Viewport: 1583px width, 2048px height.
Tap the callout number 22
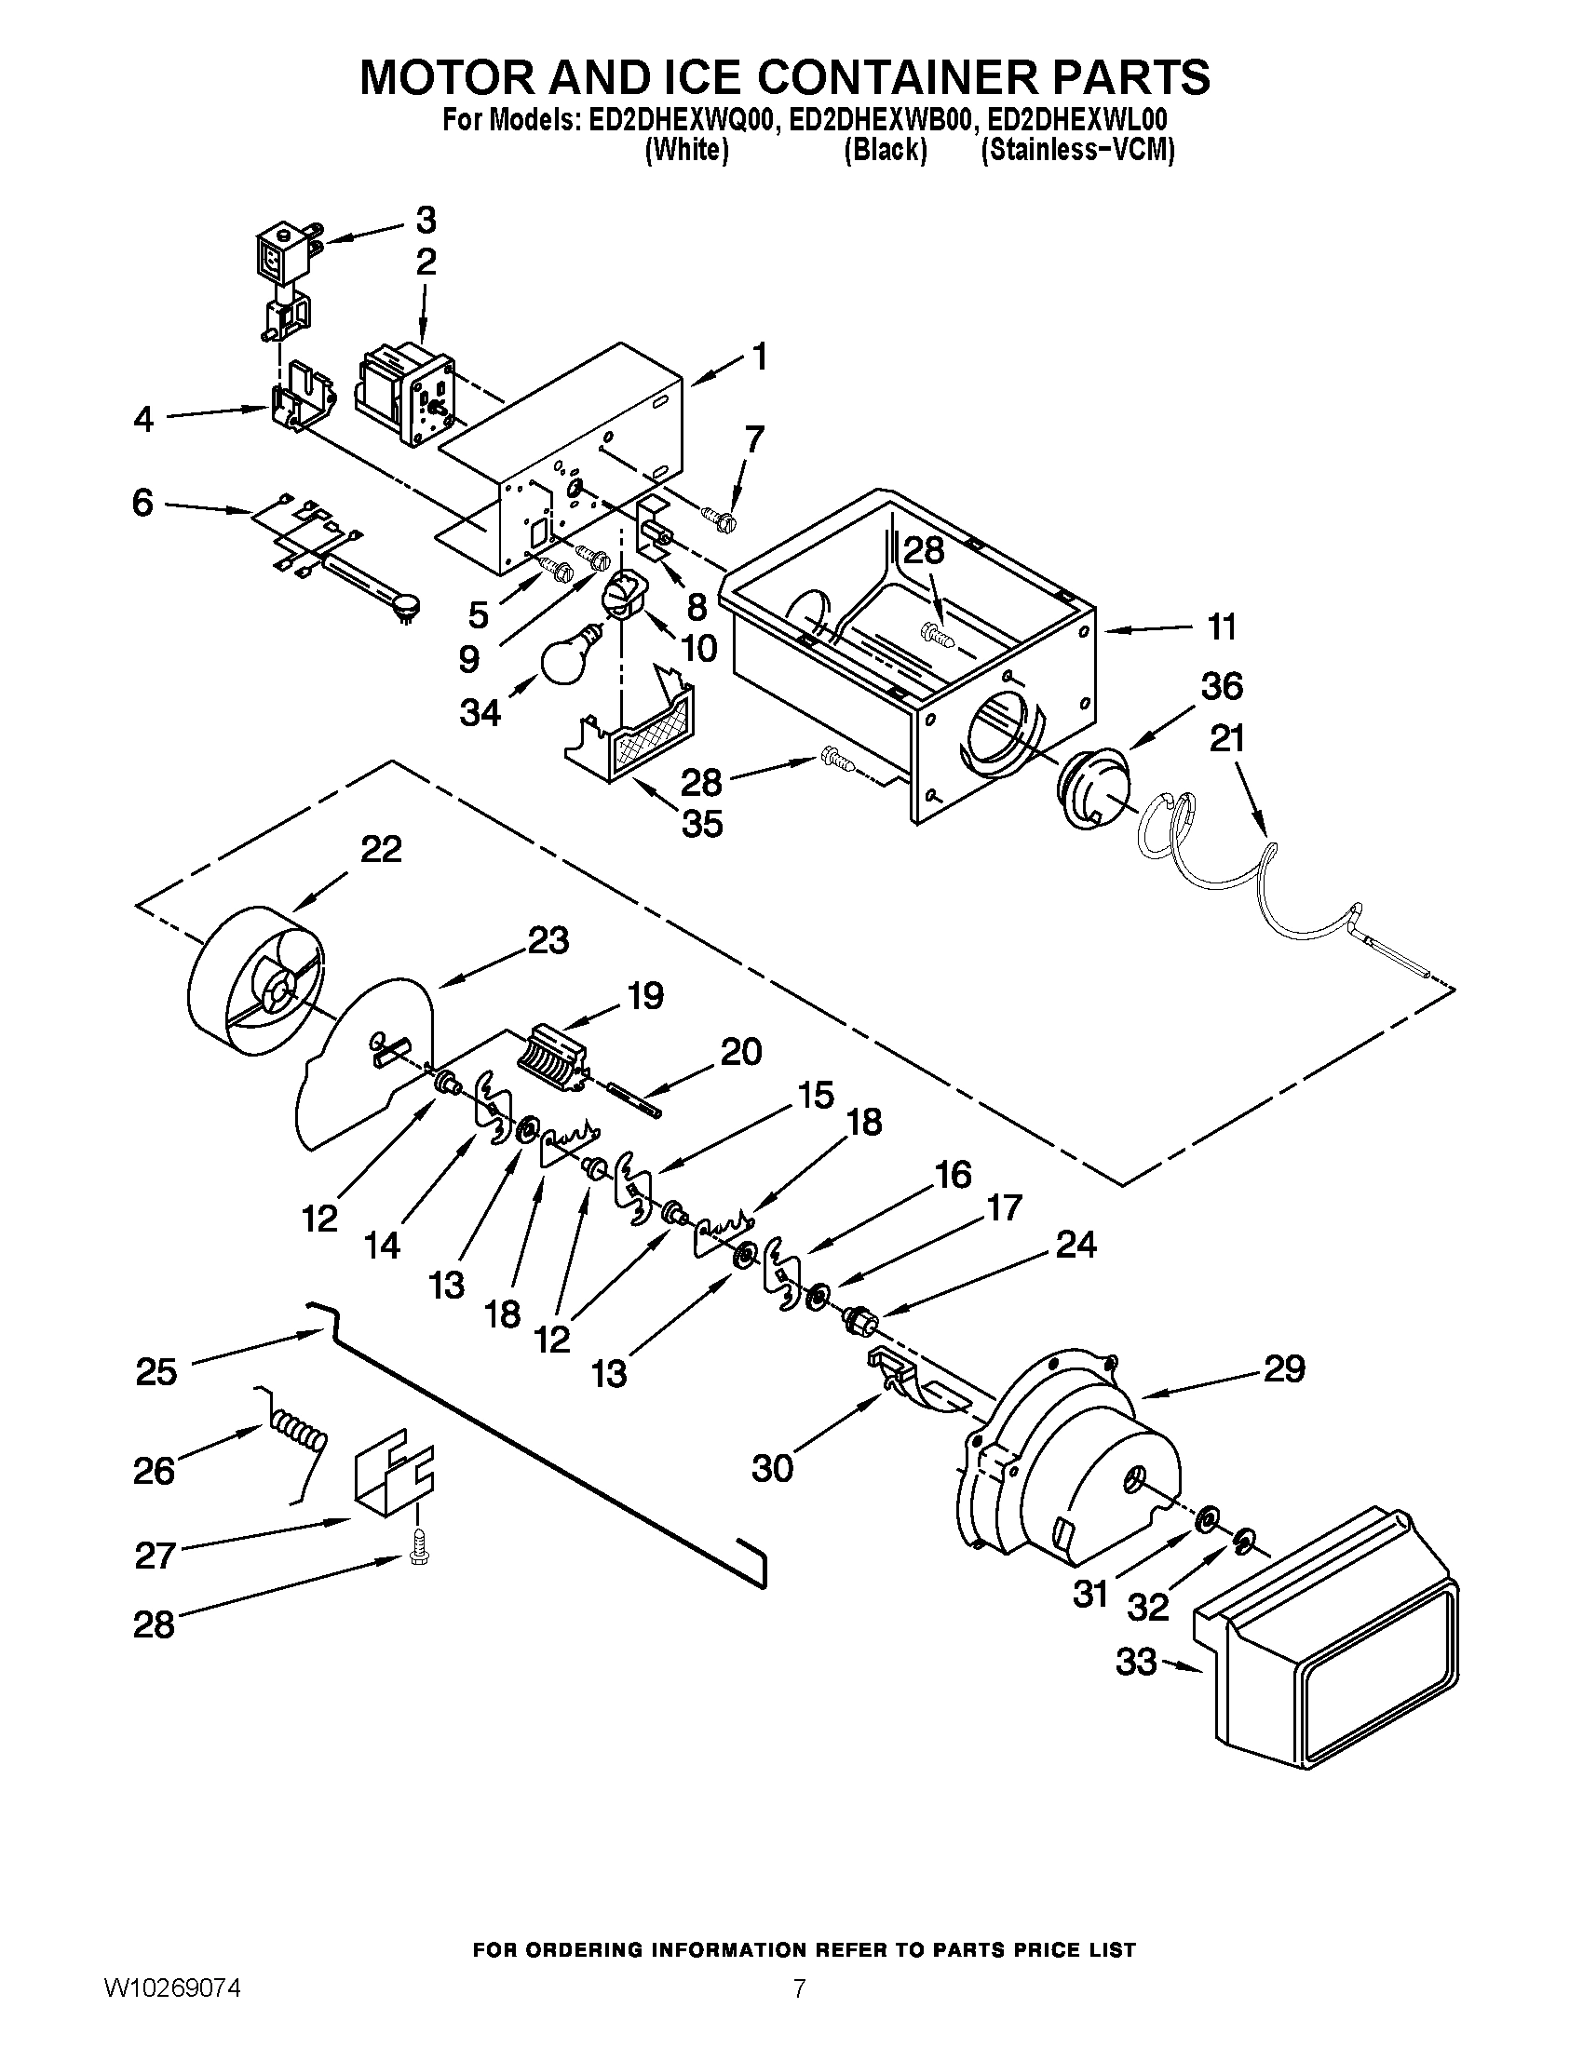pyautogui.click(x=381, y=850)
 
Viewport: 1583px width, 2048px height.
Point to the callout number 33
pyautogui.click(x=1136, y=1663)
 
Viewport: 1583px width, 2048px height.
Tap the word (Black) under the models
pyautogui.click(x=886, y=150)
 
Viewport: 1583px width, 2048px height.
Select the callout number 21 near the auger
pyautogui.click(x=1226, y=740)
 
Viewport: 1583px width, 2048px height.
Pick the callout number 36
pyautogui.click(x=1222, y=686)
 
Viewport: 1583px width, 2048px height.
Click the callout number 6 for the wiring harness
pyautogui.click(x=142, y=504)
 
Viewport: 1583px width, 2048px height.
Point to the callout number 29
pyautogui.click(x=1284, y=1370)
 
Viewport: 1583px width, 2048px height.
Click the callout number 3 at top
pyautogui.click(x=425, y=222)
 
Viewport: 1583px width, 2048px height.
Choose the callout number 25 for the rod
pyautogui.click(x=156, y=1372)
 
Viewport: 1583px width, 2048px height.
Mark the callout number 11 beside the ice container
pyautogui.click(x=1221, y=627)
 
